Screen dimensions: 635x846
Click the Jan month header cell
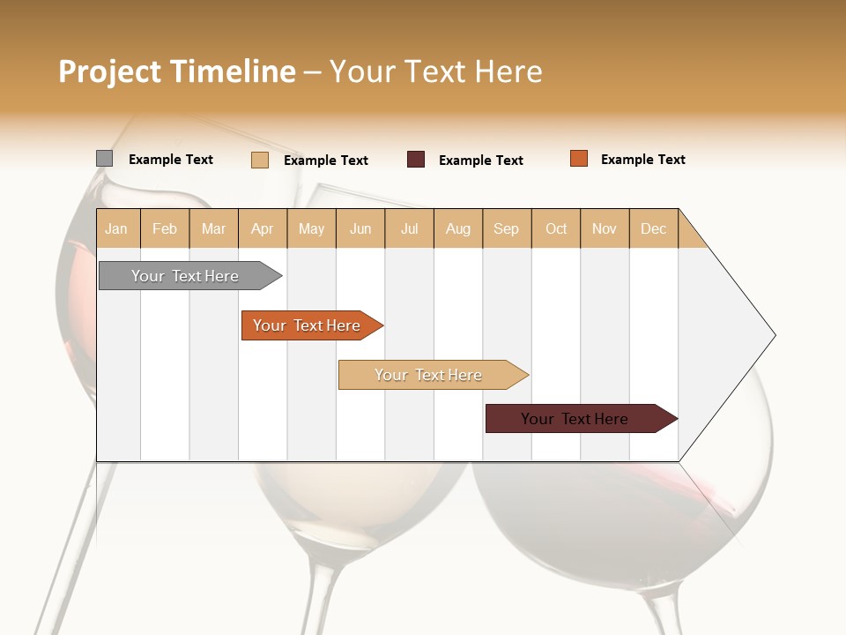click(x=117, y=228)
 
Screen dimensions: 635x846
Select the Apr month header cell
click(x=263, y=228)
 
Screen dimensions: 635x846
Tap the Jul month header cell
click(x=410, y=228)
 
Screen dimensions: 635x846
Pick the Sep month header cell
click(x=507, y=228)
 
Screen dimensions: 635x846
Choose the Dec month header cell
click(x=653, y=228)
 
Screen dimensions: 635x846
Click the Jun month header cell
click(x=360, y=228)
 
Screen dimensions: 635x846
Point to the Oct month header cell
click(x=556, y=228)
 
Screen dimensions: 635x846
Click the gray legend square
click(x=104, y=159)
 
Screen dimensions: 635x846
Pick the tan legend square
click(x=259, y=160)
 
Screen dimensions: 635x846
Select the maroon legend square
click(x=416, y=160)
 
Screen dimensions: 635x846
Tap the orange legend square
click(x=579, y=159)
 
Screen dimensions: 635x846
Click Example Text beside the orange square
click(x=642, y=160)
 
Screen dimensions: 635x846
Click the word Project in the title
click(x=109, y=71)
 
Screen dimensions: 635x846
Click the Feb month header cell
click(x=165, y=228)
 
